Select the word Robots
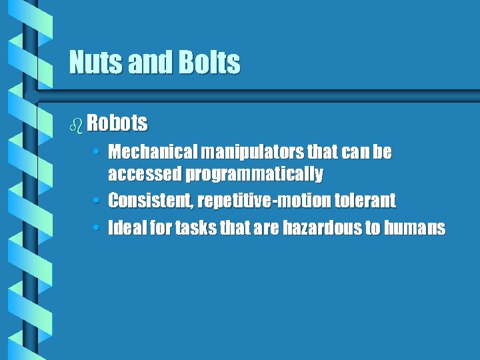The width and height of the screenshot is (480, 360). (117, 123)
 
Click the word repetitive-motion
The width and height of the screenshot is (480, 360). (261, 200)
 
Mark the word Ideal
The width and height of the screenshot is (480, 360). (124, 228)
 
